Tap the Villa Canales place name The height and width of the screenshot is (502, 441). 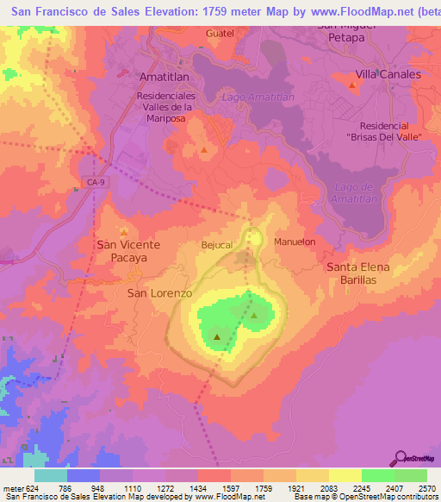388,74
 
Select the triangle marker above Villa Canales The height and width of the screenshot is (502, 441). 353,85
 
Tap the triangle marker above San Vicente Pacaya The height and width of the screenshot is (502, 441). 123,232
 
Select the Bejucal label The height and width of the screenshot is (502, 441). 217,245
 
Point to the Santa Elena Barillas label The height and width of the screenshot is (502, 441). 363,274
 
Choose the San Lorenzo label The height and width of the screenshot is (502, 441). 159,293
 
